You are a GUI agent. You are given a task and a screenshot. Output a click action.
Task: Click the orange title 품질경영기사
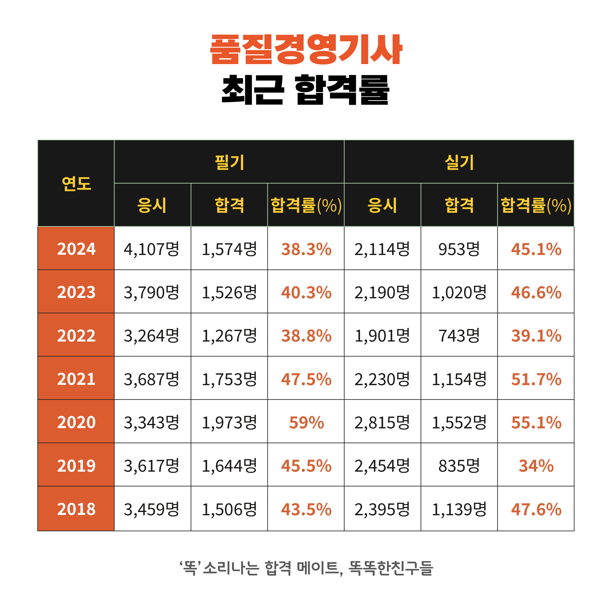pos(306,49)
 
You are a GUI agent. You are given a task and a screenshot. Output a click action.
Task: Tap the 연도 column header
pos(76,183)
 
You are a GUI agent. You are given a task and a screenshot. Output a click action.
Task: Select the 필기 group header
pos(229,162)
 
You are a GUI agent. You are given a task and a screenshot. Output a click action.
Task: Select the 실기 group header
pos(459,162)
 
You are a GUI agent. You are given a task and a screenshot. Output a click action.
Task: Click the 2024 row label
pos(76,249)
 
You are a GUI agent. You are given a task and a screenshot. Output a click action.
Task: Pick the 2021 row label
pos(76,379)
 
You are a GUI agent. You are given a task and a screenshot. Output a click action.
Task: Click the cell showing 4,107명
pos(152,249)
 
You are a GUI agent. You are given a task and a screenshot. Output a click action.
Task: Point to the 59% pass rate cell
pos(306,422)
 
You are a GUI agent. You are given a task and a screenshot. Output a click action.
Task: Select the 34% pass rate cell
pos(536,465)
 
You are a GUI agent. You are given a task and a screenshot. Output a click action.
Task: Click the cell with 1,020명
pos(459,292)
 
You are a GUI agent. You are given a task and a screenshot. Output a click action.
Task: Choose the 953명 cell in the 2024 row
pos(459,249)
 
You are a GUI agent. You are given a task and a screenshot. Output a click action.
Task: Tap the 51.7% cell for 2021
pos(536,379)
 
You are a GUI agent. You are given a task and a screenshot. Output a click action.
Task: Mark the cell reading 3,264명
pos(152,335)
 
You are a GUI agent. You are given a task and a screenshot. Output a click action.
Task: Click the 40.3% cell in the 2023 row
pos(306,292)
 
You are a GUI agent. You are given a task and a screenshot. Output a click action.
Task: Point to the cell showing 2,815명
pos(382,422)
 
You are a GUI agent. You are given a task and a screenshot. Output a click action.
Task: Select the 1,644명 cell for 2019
pos(229,465)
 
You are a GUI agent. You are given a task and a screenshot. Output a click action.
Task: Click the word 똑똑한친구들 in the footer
pos(390,568)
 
